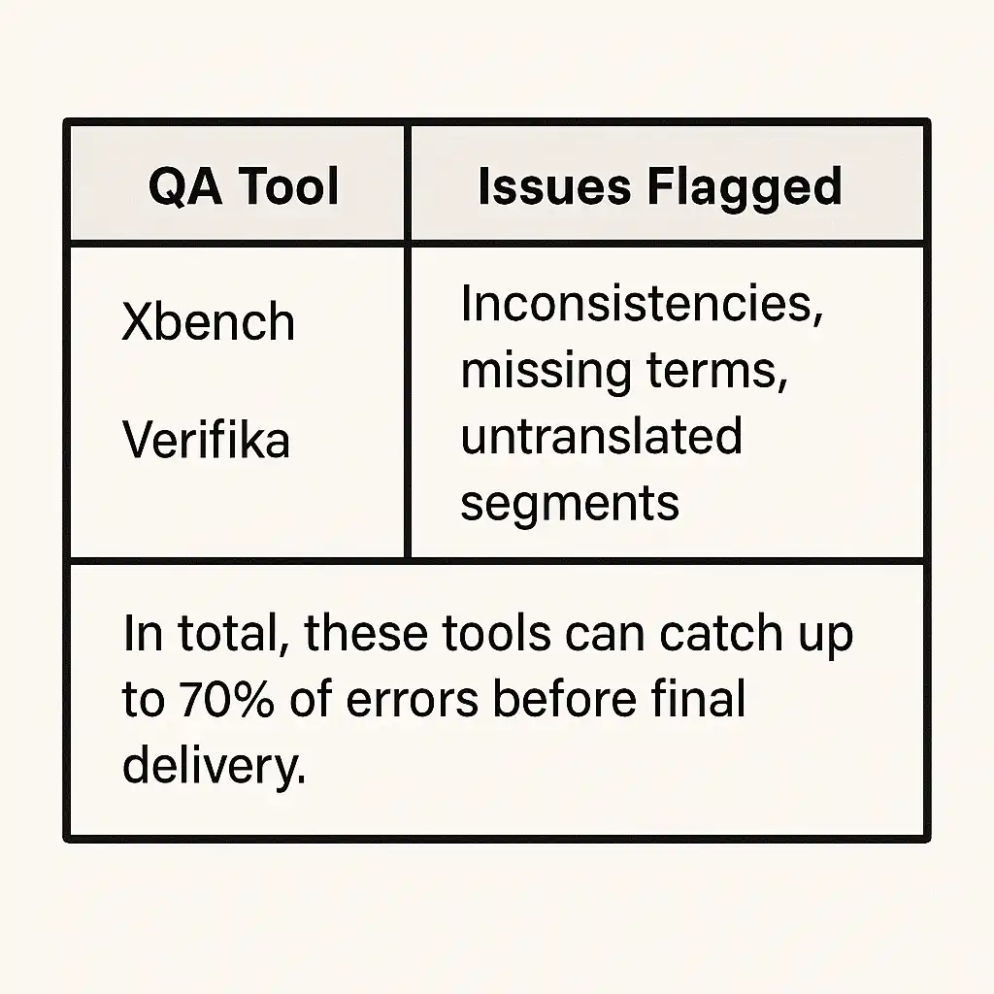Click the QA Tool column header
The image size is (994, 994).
pyautogui.click(x=244, y=186)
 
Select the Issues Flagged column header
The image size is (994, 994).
pyautogui.click(x=660, y=186)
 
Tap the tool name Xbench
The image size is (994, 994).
pyautogui.click(x=209, y=321)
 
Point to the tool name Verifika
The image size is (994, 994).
pyautogui.click(x=206, y=439)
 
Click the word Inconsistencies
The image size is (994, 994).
pyautogui.click(x=642, y=303)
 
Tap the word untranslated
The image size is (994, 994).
pyautogui.click(x=601, y=436)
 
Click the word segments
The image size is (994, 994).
pyautogui.click(x=570, y=505)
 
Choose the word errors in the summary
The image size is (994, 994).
pyautogui.click(x=412, y=701)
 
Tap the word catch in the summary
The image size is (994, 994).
pyautogui.click(x=721, y=633)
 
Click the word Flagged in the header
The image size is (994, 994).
pyautogui.click(x=745, y=187)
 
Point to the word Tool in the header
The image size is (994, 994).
pyautogui.click(x=288, y=186)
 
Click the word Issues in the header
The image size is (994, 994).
pyautogui.click(x=554, y=186)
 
